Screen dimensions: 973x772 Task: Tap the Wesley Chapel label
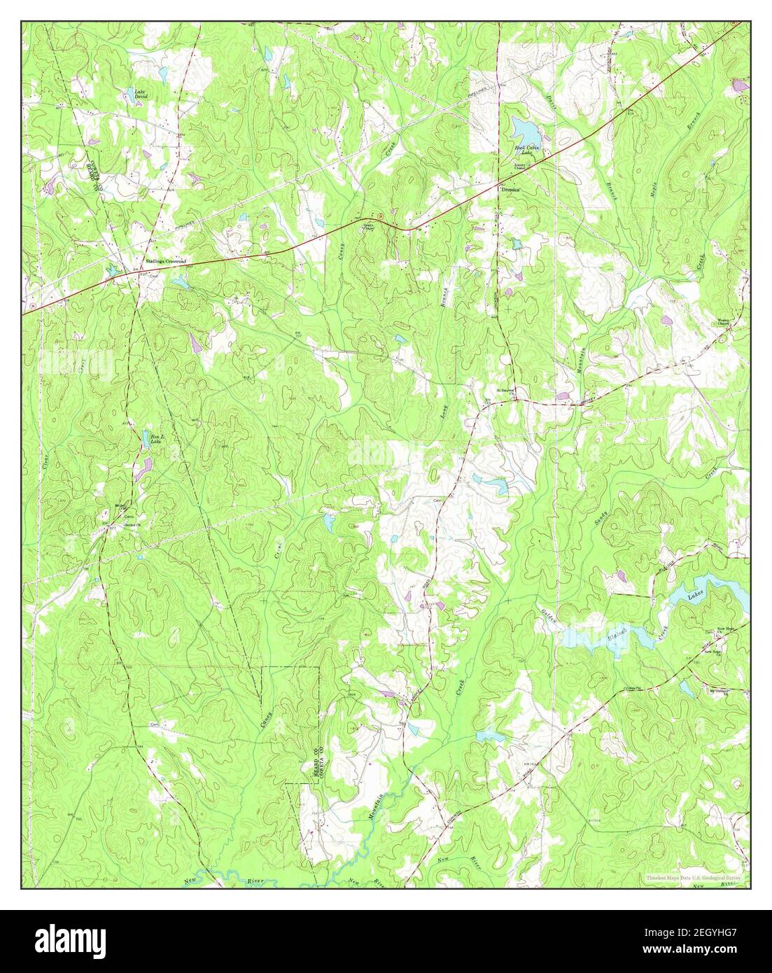724,323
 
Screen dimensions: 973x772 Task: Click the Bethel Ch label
132,525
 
